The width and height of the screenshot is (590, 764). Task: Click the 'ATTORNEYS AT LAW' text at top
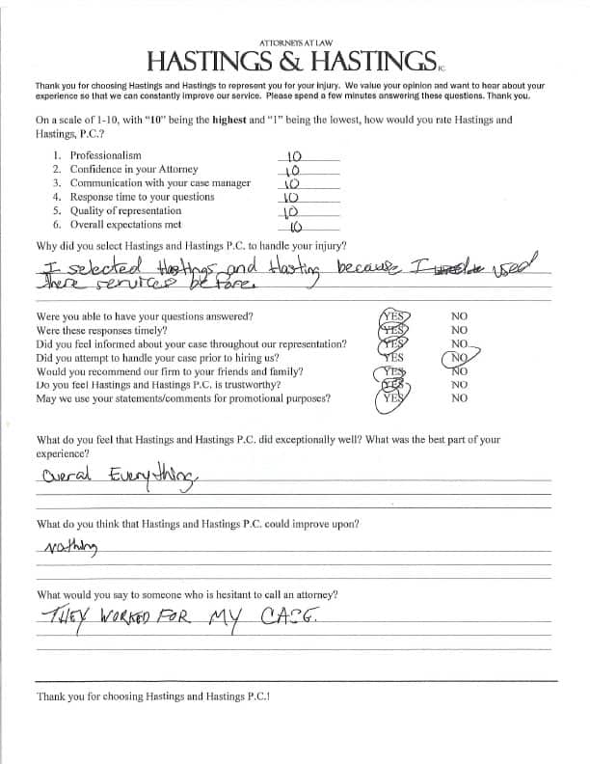[295, 43]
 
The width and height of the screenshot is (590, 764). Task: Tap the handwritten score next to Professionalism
[296, 154]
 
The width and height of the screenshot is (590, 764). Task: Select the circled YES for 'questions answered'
[393, 316]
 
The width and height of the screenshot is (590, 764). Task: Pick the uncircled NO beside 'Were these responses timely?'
[459, 330]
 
